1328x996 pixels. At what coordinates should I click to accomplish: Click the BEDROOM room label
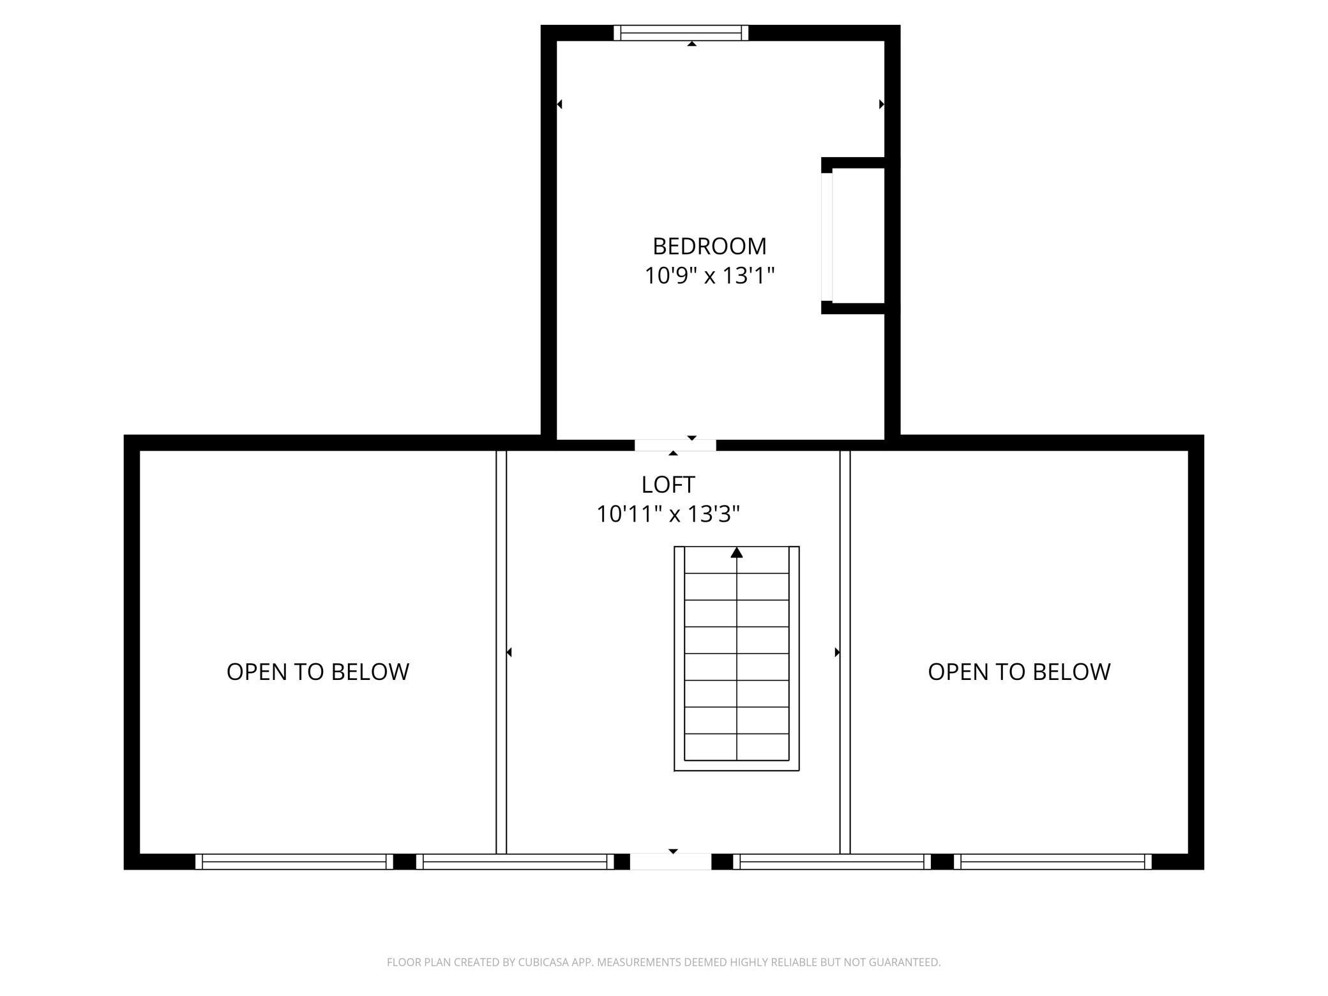(x=709, y=246)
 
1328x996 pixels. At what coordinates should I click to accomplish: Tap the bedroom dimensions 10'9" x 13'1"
(x=709, y=276)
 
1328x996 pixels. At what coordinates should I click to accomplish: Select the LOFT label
(x=668, y=485)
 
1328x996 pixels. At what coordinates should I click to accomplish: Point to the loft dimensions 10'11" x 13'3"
(x=668, y=514)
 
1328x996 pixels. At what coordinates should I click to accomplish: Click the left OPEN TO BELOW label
(x=318, y=672)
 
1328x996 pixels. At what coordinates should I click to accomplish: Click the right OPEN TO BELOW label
(x=1019, y=672)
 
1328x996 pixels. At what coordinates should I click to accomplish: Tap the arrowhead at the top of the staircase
(x=737, y=552)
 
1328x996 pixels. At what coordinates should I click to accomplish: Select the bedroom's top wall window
(x=681, y=33)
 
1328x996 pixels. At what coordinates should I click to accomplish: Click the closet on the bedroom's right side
(x=858, y=236)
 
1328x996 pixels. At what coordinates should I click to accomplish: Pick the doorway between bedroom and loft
(x=675, y=445)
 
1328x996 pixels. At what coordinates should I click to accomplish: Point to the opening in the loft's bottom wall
(x=670, y=861)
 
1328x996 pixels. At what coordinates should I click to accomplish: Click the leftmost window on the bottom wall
(x=294, y=861)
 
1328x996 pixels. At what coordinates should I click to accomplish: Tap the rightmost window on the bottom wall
(x=1053, y=861)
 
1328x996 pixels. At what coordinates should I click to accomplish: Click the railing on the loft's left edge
(x=501, y=652)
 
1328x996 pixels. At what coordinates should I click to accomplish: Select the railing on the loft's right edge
(x=845, y=652)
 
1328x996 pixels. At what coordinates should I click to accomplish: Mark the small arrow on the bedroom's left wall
(x=560, y=104)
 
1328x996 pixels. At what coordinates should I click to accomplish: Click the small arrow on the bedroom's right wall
(x=882, y=104)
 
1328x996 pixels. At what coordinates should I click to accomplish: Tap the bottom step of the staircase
(x=737, y=747)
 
